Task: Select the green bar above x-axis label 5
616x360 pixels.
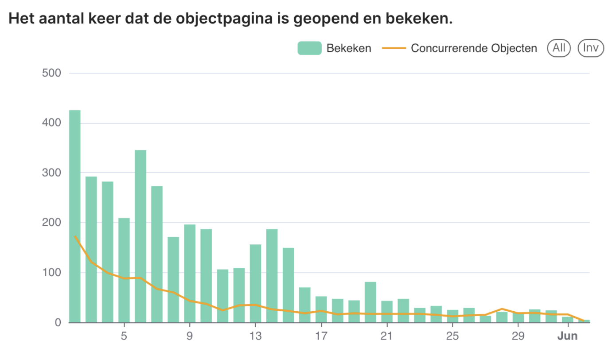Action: click(x=124, y=270)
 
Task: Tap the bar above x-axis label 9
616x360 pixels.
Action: click(x=190, y=273)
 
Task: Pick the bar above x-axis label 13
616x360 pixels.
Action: click(x=255, y=283)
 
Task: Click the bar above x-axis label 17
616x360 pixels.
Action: click(x=321, y=309)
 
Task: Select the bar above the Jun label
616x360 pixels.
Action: click(x=568, y=320)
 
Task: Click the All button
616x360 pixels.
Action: click(x=559, y=48)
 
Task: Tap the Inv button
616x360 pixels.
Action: click(x=591, y=48)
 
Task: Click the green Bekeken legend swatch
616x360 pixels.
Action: click(x=309, y=48)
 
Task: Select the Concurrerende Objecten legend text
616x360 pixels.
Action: click(x=474, y=48)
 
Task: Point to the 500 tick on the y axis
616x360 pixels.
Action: click(x=51, y=73)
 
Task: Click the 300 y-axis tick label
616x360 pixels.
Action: click(x=51, y=173)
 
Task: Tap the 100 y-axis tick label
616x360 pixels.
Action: click(x=51, y=273)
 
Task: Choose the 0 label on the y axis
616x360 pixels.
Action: click(x=58, y=323)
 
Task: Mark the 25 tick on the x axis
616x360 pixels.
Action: click(x=452, y=336)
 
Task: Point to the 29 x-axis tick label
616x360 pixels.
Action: click(x=518, y=336)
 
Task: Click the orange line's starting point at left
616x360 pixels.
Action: click(x=75, y=236)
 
